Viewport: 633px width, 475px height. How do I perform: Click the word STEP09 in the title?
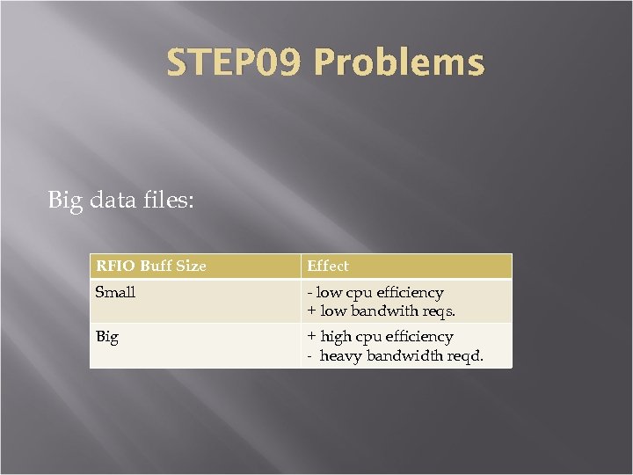coord(235,63)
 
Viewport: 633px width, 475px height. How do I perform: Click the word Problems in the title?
coord(398,63)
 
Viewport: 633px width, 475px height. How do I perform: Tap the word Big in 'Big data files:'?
coord(64,201)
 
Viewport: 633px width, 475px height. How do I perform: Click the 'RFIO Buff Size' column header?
coord(151,266)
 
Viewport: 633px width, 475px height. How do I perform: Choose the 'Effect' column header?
coord(328,266)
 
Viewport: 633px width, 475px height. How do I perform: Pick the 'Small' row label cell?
coord(115,292)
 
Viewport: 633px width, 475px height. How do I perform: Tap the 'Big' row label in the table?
coord(107,337)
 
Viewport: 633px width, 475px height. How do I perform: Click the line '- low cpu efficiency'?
coord(375,292)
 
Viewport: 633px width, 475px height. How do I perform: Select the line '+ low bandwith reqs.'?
coord(382,311)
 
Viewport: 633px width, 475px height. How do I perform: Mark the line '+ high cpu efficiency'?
coord(380,337)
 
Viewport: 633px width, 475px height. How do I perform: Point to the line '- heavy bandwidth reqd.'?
coord(396,356)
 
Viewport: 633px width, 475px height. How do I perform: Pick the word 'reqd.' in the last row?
coord(465,356)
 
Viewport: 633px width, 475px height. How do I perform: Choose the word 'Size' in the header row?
coord(191,266)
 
